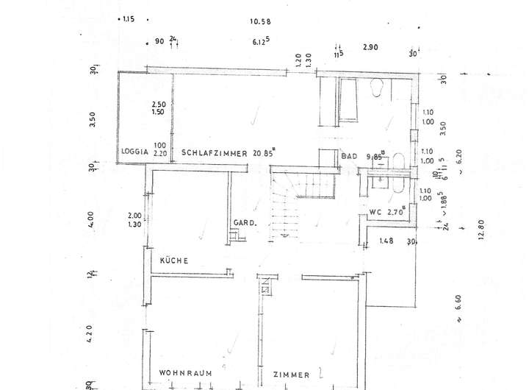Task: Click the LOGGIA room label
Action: (134, 152)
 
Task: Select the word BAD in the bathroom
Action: (349, 156)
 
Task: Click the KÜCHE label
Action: (174, 260)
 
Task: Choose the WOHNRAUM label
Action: (185, 374)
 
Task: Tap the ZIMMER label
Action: (291, 375)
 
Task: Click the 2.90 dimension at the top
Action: (370, 47)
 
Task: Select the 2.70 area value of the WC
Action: (398, 213)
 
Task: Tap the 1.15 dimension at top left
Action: (130, 19)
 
